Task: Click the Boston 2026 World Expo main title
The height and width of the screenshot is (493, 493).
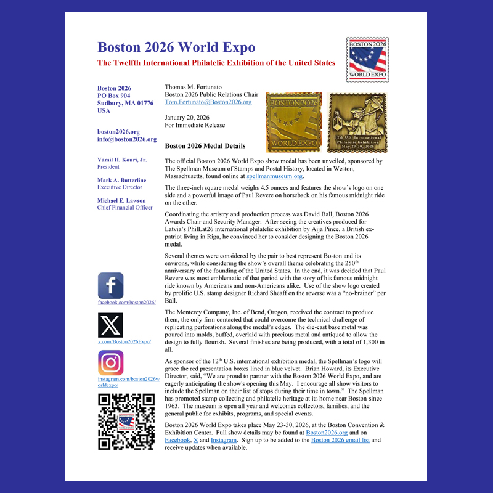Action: [176, 47]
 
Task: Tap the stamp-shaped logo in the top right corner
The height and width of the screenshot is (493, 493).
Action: [367, 60]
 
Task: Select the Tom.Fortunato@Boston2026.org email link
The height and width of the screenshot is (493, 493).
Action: [208, 102]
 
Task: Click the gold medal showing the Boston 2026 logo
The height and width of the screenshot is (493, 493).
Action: [293, 122]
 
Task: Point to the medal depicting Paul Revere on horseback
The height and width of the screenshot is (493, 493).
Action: [357, 122]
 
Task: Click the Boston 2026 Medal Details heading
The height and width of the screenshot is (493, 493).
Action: [205, 146]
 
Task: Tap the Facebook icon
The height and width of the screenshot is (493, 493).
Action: [110, 286]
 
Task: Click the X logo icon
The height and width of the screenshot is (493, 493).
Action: [110, 325]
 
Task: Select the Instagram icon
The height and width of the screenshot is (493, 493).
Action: [110, 363]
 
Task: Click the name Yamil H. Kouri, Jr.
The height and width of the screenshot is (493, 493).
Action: [122, 160]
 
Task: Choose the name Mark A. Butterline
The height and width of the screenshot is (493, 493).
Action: [122, 180]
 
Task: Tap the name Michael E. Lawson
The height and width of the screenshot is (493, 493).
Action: [122, 200]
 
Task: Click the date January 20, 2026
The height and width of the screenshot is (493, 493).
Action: [186, 117]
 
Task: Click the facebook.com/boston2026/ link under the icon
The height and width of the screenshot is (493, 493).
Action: [126, 303]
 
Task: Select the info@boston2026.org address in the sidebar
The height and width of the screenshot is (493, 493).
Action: [127, 139]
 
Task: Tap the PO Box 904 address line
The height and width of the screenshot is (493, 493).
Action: [114, 96]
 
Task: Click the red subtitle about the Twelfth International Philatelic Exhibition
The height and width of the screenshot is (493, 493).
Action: [216, 63]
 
